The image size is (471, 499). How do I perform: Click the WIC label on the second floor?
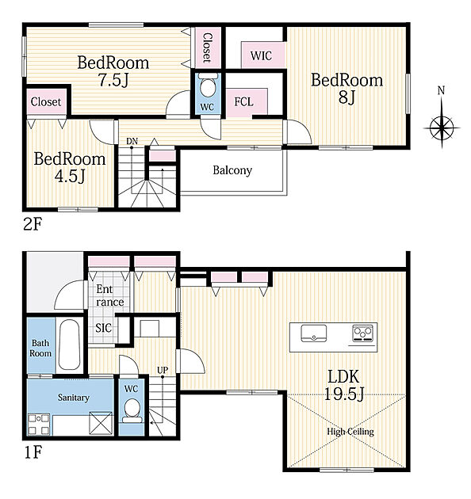click(261, 55)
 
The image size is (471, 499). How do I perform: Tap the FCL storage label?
click(243, 102)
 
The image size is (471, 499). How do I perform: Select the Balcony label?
click(232, 170)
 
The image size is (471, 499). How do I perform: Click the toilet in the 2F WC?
click(208, 85)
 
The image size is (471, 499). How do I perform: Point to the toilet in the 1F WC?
click(132, 411)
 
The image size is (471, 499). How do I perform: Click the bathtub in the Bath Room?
click(70, 345)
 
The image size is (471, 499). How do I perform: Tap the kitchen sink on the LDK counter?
click(314, 333)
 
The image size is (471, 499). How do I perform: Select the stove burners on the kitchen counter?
click(363, 333)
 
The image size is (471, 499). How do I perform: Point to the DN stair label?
click(132, 141)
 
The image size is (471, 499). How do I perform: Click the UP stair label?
click(163, 370)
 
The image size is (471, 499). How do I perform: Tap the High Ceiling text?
click(350, 432)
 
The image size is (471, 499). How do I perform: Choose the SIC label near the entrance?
click(104, 328)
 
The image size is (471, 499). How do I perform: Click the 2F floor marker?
click(33, 224)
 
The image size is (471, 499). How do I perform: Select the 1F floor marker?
click(33, 452)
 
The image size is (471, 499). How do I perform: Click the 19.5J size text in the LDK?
click(344, 394)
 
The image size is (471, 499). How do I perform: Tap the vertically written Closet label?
click(207, 48)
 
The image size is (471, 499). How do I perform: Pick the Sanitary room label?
click(73, 398)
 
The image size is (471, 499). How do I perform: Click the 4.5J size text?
click(70, 176)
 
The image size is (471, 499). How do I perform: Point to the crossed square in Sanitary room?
click(101, 423)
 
